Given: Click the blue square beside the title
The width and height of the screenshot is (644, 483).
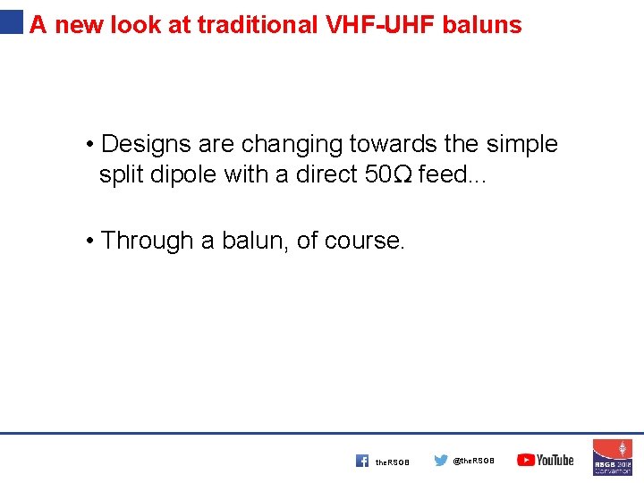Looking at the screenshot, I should pos(12,21).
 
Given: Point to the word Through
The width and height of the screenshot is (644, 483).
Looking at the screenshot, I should pos(148,240).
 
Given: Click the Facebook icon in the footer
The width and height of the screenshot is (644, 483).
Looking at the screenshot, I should pos(361,461).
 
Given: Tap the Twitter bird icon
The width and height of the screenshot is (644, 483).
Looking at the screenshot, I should pos(441,461).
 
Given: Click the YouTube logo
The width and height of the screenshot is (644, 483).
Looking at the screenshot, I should pos(546,460).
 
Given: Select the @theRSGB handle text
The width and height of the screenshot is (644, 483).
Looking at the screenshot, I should pos(473,462).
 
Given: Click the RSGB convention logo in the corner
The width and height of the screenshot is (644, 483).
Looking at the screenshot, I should pos(613,457).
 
